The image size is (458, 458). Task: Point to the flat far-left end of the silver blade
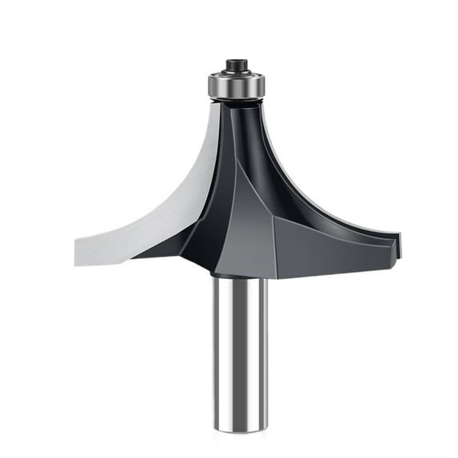pyautogui.click(x=78, y=250)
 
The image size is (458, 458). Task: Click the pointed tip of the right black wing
pyautogui.click(x=399, y=237)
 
